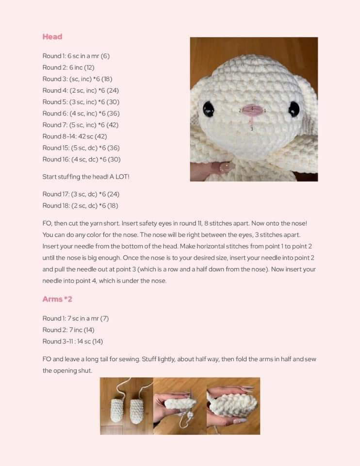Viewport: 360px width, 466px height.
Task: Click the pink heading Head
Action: (x=52, y=36)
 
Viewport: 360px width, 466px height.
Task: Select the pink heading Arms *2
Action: (x=57, y=299)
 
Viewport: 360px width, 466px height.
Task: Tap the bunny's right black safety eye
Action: (x=294, y=109)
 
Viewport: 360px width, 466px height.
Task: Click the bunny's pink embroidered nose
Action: (x=252, y=109)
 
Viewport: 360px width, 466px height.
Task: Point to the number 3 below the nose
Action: (x=252, y=129)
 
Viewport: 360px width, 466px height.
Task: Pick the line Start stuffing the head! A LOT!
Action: (x=86, y=177)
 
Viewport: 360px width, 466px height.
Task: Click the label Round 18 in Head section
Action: (x=55, y=205)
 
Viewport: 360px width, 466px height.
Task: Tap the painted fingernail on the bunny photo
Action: (x=226, y=166)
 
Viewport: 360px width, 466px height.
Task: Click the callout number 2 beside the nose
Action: (x=240, y=111)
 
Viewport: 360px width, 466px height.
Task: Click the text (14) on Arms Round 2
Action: (x=89, y=330)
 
